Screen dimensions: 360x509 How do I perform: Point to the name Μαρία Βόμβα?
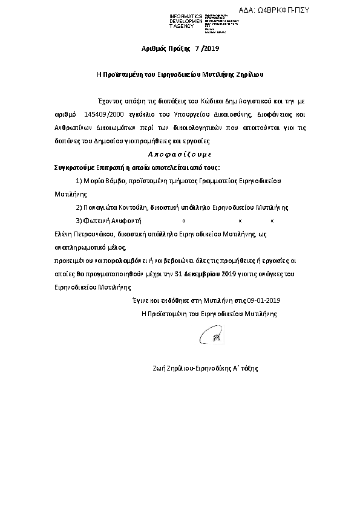coord(100,181)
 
